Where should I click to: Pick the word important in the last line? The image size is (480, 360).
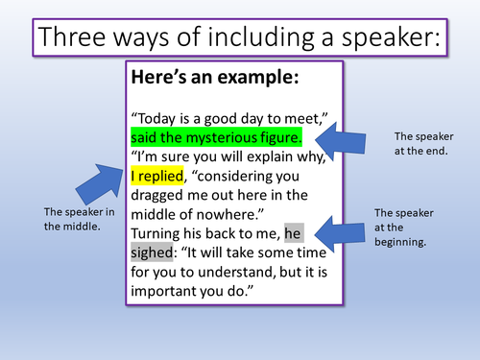point(170,292)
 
